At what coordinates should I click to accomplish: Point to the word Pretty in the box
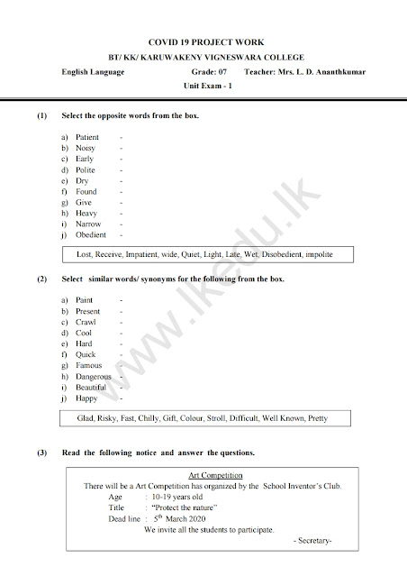318,418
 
